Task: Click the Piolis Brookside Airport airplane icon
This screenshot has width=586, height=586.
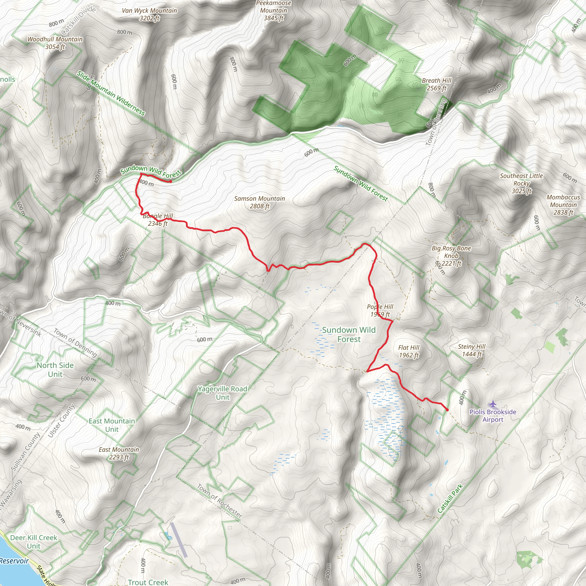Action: [x=493, y=404]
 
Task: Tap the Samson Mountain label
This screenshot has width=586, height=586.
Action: [x=260, y=202]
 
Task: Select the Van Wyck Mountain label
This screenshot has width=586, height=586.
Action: [x=150, y=14]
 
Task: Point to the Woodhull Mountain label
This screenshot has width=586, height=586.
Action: [x=55, y=43]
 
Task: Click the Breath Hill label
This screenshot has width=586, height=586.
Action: [x=436, y=84]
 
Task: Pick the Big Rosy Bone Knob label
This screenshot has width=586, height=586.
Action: [x=451, y=256]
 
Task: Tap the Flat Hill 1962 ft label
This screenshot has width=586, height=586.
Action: [x=409, y=351]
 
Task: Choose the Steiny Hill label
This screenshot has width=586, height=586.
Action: [x=472, y=350]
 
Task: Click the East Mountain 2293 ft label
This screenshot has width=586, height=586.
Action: [x=119, y=453]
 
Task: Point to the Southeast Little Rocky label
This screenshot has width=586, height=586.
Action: [x=521, y=183]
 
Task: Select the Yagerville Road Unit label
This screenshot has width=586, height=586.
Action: [x=223, y=393]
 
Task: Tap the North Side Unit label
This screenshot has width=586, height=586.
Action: [x=55, y=369]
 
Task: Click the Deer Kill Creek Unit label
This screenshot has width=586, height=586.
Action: [x=34, y=542]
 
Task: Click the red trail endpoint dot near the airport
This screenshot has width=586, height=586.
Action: [x=447, y=410]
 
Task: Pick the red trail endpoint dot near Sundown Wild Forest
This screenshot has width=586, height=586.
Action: [x=171, y=181]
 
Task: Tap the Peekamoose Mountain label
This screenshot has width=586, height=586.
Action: [x=274, y=11]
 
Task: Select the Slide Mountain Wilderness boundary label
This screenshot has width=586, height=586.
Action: [x=111, y=93]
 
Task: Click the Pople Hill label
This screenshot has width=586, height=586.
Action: [x=380, y=310]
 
